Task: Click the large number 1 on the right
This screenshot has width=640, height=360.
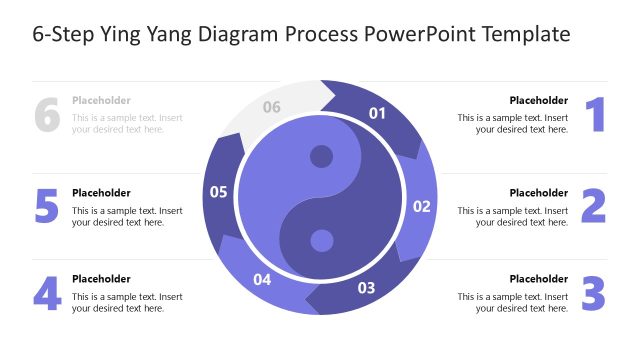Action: (595, 115)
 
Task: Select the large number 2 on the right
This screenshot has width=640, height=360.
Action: (594, 206)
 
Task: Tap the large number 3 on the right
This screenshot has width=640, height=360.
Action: (594, 293)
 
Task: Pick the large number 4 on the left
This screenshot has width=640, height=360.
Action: (47, 293)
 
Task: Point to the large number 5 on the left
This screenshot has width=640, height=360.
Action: (47, 206)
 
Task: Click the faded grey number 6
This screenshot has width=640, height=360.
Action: (47, 115)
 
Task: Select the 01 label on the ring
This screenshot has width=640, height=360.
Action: (378, 113)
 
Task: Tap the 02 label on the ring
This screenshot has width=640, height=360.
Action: (422, 207)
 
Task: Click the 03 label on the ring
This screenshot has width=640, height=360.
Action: (366, 288)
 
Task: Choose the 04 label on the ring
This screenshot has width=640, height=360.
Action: (262, 279)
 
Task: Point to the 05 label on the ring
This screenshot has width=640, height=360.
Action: (219, 191)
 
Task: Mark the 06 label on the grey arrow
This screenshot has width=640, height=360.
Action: (272, 107)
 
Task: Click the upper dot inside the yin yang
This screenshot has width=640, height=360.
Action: (321, 156)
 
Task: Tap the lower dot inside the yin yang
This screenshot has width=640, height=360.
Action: (321, 240)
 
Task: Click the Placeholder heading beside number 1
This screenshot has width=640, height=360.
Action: (538, 100)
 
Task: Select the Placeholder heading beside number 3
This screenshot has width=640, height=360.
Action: (538, 279)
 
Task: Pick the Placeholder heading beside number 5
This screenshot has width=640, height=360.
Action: (101, 193)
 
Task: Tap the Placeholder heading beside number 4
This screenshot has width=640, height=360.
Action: (101, 279)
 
